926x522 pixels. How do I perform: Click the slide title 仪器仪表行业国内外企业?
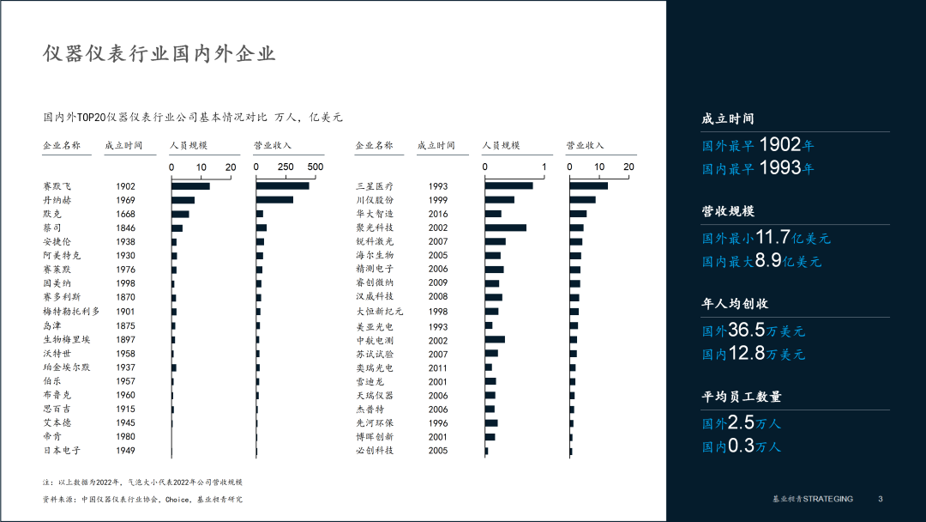pyautogui.click(x=159, y=54)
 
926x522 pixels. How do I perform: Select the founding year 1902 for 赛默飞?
pyautogui.click(x=126, y=186)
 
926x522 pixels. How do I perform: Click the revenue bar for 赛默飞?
pyautogui.click(x=283, y=185)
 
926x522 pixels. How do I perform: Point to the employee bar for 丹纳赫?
pyautogui.click(x=183, y=200)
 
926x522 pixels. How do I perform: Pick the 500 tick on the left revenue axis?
pyautogui.click(x=315, y=167)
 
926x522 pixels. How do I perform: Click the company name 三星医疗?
pyautogui.click(x=375, y=186)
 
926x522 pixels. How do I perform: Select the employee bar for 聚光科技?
pyautogui.click(x=506, y=228)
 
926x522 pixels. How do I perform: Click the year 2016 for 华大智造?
pyautogui.click(x=438, y=214)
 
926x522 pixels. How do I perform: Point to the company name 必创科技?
pyautogui.click(x=375, y=451)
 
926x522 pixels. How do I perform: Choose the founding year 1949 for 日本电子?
pyautogui.click(x=126, y=451)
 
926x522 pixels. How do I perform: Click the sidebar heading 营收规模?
pyautogui.click(x=728, y=211)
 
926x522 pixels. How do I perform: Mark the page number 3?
pyautogui.click(x=881, y=500)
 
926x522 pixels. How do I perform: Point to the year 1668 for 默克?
pyautogui.click(x=126, y=214)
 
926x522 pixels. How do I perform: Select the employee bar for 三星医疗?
pyautogui.click(x=508, y=186)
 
